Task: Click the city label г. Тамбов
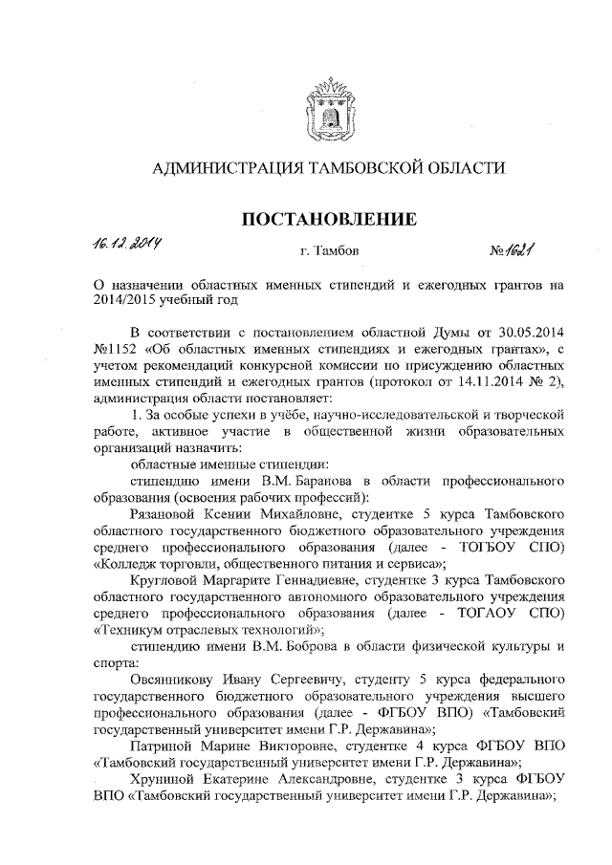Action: tap(329, 252)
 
